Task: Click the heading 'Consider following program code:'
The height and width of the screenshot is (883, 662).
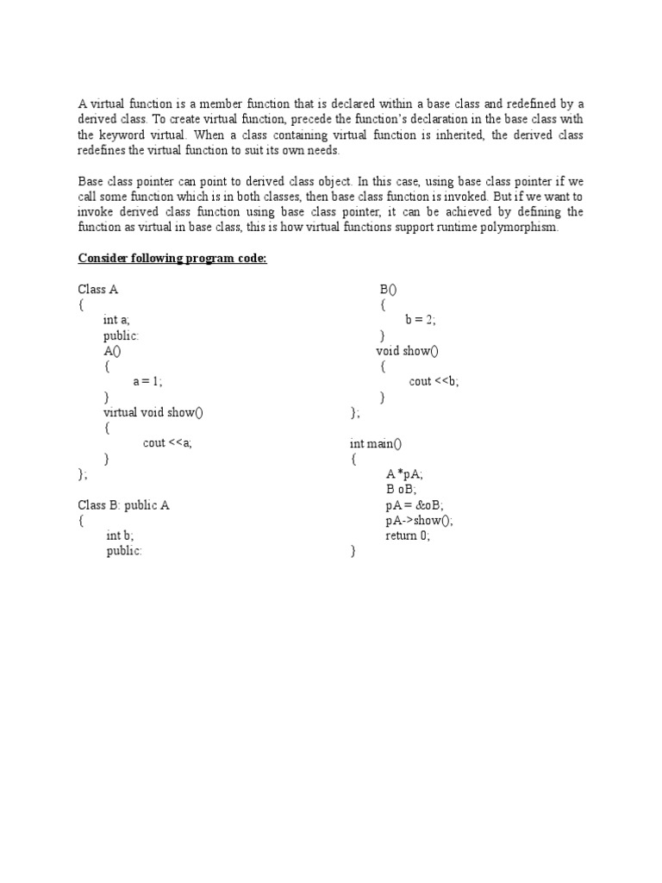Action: [172, 259]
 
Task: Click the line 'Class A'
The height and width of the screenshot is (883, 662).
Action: [98, 290]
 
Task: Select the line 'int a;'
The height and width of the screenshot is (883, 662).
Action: [116, 320]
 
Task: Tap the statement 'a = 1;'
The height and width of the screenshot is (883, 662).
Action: [147, 381]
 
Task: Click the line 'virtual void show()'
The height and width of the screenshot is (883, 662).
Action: [153, 412]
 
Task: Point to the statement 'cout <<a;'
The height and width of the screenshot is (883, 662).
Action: [167, 443]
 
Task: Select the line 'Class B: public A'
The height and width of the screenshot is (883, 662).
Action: [124, 504]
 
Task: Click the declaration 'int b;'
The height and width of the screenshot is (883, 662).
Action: [120, 535]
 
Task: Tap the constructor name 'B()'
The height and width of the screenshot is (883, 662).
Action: [388, 290]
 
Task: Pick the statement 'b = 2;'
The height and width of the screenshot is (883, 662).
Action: [421, 320]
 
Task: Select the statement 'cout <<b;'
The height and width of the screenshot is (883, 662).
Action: [434, 381]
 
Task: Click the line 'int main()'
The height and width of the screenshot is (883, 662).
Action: [376, 443]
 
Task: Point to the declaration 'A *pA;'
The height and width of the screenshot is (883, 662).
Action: [405, 474]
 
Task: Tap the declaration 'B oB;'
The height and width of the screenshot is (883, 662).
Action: [401, 489]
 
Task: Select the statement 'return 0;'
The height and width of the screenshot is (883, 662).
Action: [408, 535]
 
